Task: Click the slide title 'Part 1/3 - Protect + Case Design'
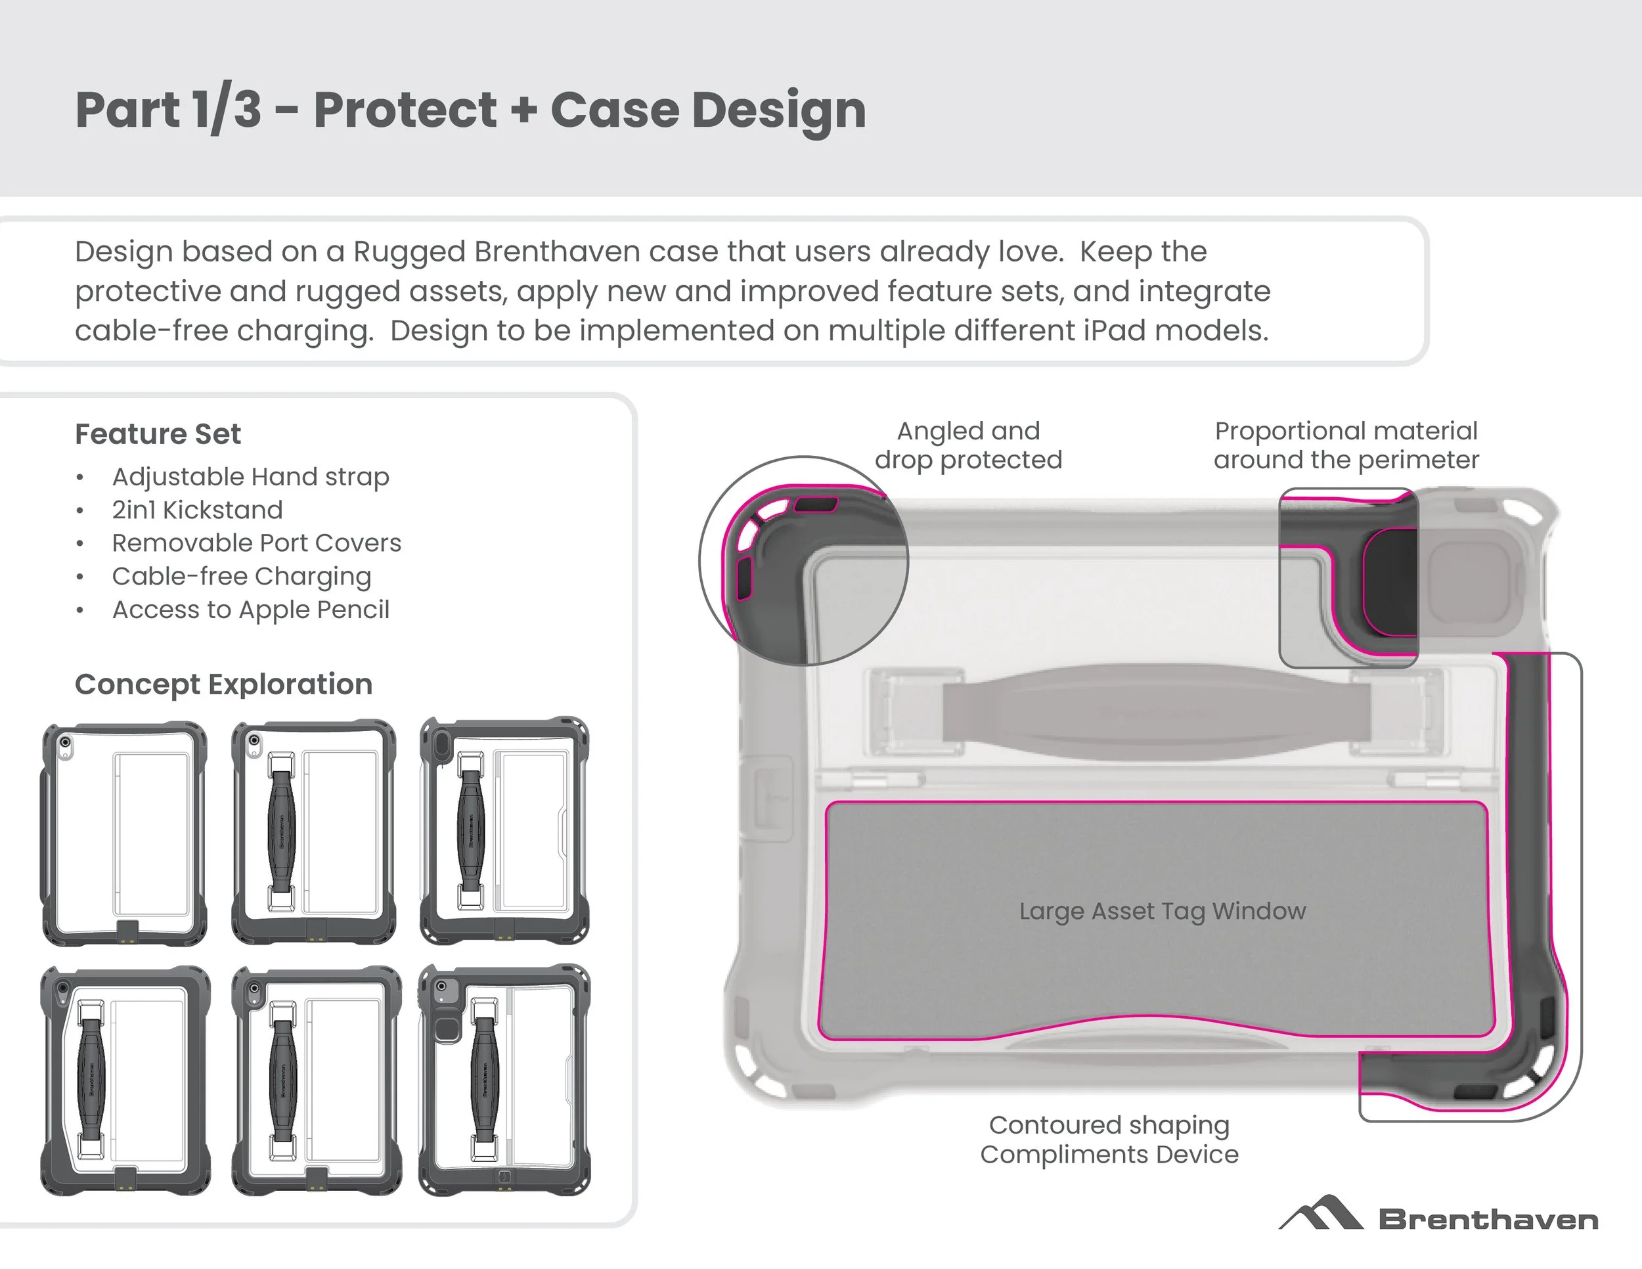(x=471, y=110)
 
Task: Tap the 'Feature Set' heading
(x=158, y=434)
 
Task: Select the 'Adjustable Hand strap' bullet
(x=250, y=477)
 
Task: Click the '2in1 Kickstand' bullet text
(x=197, y=510)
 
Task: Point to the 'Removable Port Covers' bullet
(x=256, y=543)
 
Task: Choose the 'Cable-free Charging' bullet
(x=241, y=576)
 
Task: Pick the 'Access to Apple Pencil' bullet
(x=250, y=609)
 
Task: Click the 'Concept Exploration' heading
(x=223, y=684)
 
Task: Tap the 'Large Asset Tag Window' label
(x=1163, y=911)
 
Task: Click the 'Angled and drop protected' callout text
(x=968, y=445)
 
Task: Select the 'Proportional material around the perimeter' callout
(x=1346, y=445)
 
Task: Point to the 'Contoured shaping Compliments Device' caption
(x=1109, y=1139)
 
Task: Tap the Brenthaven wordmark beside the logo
(x=1488, y=1219)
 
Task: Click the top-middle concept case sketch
(x=313, y=832)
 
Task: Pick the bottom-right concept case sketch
(x=504, y=1080)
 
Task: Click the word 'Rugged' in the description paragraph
(x=410, y=252)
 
